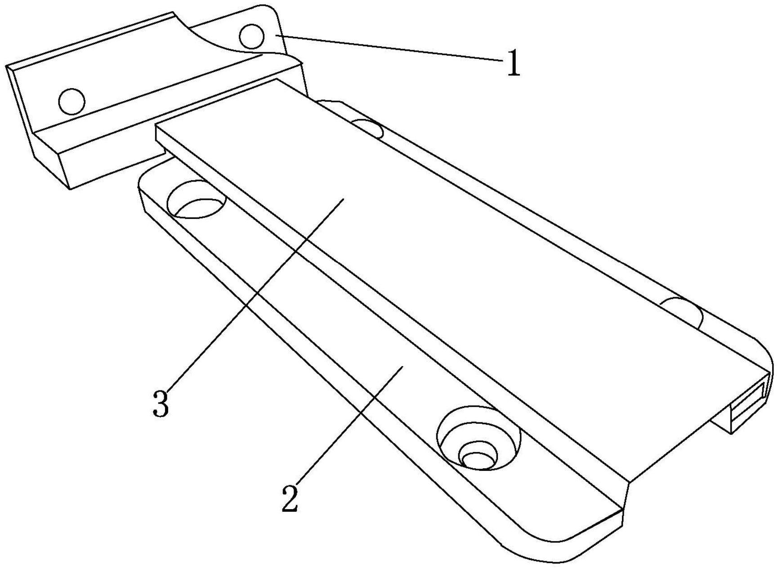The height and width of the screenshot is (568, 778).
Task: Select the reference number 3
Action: [x=161, y=403]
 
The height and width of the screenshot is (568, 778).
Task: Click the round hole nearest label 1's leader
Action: [x=251, y=36]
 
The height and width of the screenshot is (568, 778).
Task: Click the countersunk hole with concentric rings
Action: [x=478, y=438]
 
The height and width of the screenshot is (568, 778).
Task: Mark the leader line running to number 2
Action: [x=346, y=431]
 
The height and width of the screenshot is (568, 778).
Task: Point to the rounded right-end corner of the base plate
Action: [x=762, y=351]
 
